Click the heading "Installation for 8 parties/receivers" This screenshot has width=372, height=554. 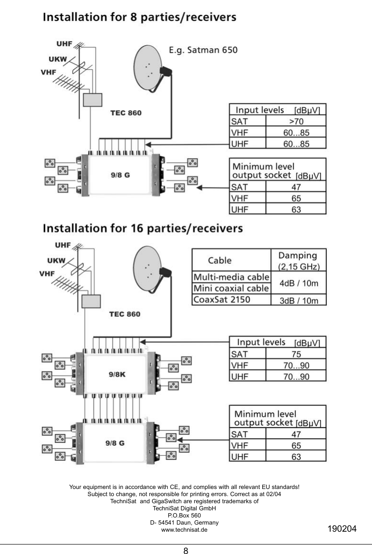tap(139, 18)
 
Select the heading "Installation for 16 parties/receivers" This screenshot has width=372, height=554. tap(143, 228)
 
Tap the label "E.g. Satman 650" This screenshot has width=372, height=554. tap(203, 49)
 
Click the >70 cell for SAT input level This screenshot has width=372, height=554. tap(296, 122)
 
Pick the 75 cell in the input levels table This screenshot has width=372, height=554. tap(296, 354)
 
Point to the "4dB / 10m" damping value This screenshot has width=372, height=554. tap(298, 283)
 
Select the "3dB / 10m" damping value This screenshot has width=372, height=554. tap(298, 300)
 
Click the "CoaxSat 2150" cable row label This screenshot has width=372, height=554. tap(221, 300)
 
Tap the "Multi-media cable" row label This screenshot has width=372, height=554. tap(231, 277)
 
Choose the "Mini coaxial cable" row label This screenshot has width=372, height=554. tap(231, 288)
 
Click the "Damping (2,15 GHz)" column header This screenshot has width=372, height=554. tap(298, 260)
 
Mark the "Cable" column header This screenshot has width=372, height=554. tap(219, 260)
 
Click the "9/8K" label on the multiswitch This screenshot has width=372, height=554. tap(116, 374)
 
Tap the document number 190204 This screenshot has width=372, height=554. tap(342, 529)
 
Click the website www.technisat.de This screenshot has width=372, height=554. tap(184, 529)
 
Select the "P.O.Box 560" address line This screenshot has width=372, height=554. tap(184, 515)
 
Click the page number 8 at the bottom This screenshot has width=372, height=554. tap(186, 550)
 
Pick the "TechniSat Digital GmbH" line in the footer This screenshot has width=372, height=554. tap(184, 508)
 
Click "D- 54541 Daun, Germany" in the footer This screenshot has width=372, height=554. tap(184, 522)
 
